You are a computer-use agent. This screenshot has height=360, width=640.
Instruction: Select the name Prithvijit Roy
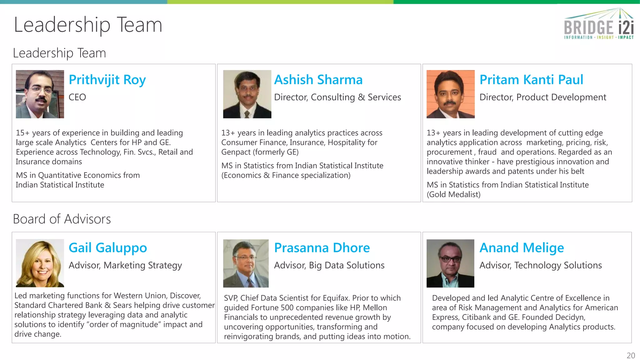107,80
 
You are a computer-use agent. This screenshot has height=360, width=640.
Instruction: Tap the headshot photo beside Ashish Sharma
247,94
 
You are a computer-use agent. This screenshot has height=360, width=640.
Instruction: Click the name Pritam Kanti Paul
531,80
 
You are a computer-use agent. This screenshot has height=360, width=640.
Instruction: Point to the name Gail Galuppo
108,248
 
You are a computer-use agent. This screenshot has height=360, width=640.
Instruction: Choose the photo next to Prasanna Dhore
246,263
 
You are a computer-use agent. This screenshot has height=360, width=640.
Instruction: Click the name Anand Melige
522,248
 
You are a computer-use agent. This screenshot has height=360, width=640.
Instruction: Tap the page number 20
631,356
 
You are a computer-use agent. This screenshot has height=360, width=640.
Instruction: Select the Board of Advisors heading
62,219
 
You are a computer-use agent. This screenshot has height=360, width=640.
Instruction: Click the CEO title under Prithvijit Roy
77,97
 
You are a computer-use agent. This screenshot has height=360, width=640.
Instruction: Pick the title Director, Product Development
542,97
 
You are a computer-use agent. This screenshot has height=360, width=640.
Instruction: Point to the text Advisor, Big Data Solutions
329,265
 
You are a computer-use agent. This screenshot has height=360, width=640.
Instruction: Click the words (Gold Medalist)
453,194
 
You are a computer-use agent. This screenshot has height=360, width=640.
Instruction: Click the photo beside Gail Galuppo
40,263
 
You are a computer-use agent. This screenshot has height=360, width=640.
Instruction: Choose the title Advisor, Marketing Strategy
125,265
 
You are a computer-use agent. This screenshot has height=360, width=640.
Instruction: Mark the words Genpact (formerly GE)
260,152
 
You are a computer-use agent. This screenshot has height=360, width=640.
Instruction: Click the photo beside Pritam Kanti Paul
450,94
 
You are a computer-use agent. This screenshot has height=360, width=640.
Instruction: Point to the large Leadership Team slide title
88,25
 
